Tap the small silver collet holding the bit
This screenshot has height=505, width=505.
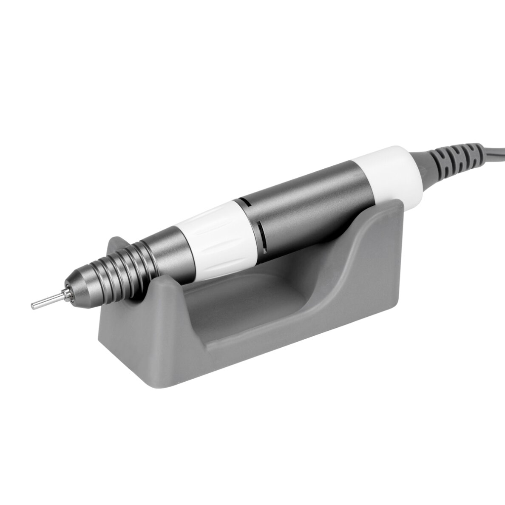(65, 293)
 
